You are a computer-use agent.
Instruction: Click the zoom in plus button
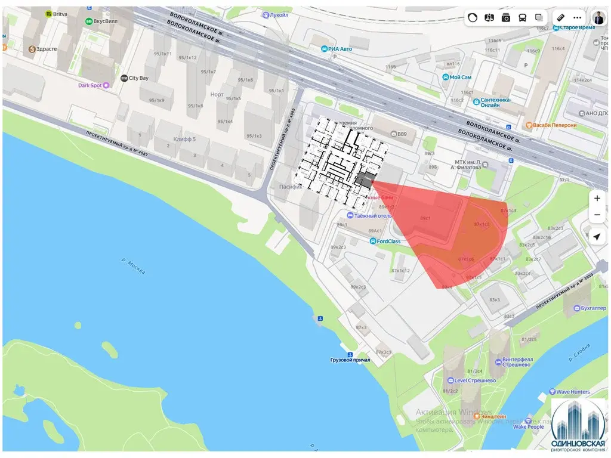[x=597, y=198]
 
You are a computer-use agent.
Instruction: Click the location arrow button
[x=597, y=237]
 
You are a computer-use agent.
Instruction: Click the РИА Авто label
[x=342, y=49]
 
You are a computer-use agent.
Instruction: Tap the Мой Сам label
[x=460, y=78]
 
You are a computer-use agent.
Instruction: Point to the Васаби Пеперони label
[x=554, y=125]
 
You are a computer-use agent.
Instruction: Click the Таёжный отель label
[x=374, y=215]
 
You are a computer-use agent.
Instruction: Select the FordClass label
[x=388, y=242]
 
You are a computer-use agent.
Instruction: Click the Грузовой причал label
[x=350, y=360]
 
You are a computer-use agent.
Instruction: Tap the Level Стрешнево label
[x=475, y=380]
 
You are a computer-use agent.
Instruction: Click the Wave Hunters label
[x=573, y=392]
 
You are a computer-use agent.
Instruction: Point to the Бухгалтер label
[x=589, y=308]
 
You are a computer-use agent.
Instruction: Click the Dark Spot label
[x=91, y=85]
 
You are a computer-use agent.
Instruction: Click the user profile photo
[x=598, y=17]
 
